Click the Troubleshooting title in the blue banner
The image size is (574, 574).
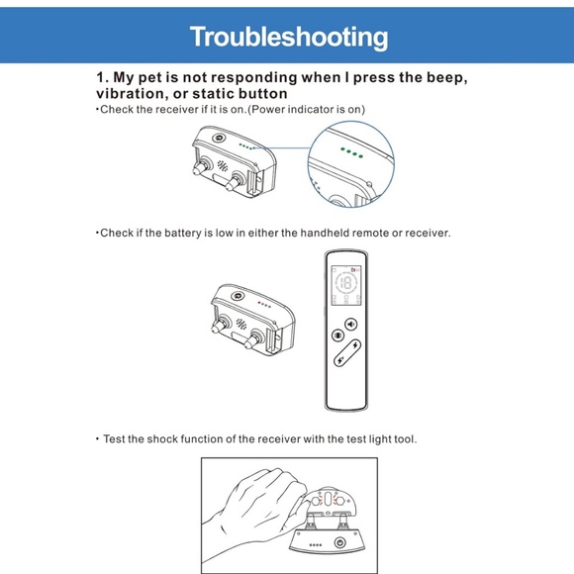[x=289, y=37]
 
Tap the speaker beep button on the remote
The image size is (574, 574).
[x=351, y=325]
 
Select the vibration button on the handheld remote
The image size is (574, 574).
[x=337, y=335]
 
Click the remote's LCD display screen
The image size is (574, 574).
[x=346, y=285]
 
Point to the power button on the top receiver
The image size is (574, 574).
[x=219, y=138]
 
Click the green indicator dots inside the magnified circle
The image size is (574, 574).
[x=351, y=152]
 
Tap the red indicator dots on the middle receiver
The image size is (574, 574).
[x=264, y=305]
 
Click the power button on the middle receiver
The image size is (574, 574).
[x=238, y=296]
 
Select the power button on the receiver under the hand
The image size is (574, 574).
[x=340, y=542]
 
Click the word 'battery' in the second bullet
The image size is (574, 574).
[x=183, y=233]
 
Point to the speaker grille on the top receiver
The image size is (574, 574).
[x=223, y=165]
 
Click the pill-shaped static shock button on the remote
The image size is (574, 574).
[x=347, y=352]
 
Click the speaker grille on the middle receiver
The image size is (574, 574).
[x=240, y=324]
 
